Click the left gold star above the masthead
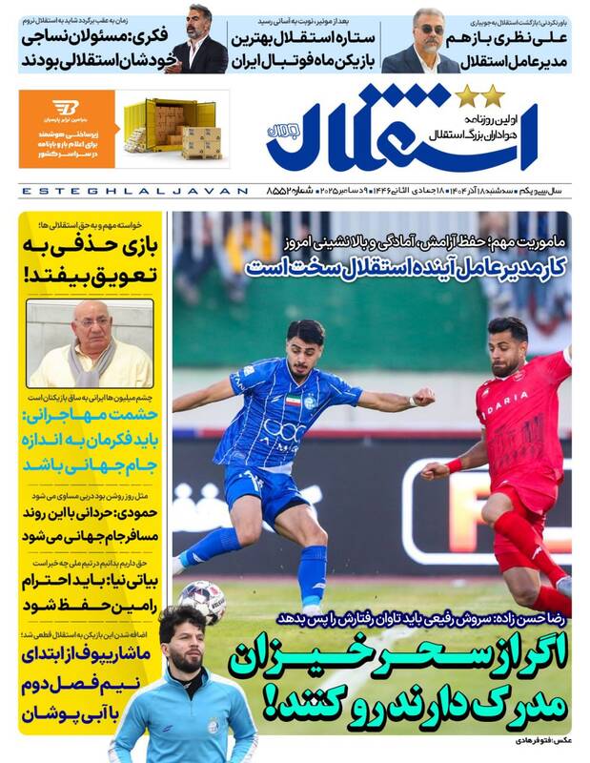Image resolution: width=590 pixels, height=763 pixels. coord(466,96)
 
